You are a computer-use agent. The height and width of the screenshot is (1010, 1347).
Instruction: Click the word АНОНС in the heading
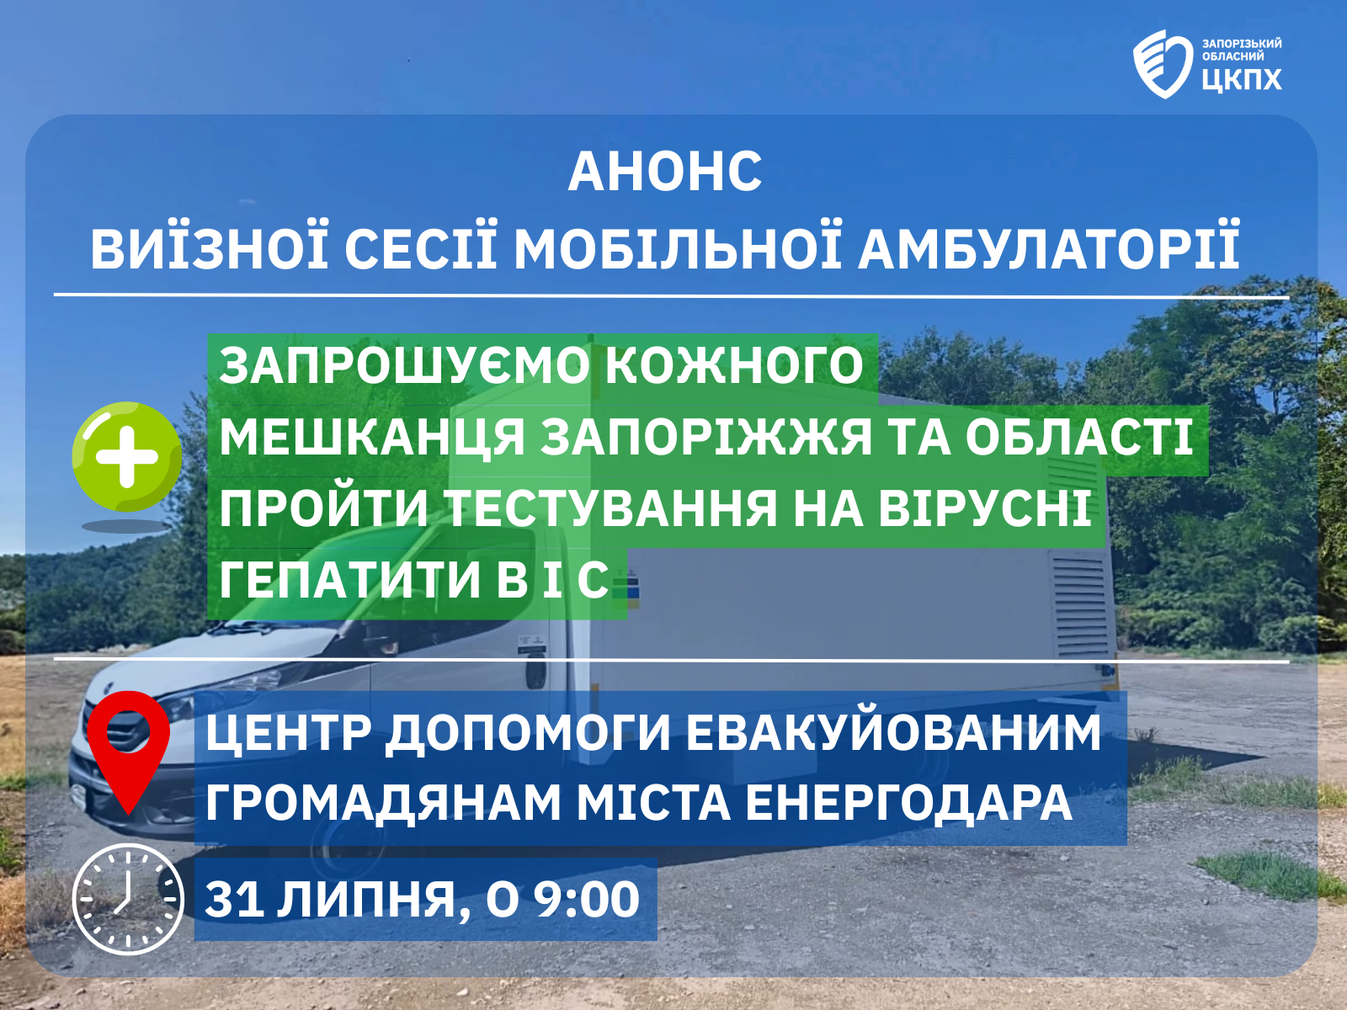coord(664,173)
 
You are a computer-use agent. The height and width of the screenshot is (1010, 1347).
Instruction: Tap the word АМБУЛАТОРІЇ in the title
coord(1049,250)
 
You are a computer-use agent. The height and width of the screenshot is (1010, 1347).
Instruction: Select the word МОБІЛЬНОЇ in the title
coord(678,250)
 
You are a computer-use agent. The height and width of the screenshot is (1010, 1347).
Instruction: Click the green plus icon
coord(127,456)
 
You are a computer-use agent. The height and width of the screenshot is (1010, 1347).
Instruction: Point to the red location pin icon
coord(128,749)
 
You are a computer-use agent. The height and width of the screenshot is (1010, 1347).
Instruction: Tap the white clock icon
coord(128,899)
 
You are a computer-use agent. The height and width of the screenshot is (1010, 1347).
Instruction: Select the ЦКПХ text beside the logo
coord(1242,80)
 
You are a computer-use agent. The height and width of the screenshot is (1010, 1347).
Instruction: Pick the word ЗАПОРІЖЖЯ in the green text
coord(706,438)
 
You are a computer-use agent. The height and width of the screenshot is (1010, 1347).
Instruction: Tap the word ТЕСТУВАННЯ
coord(610,508)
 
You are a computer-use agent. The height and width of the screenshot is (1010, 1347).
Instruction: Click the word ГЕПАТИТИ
coord(349,580)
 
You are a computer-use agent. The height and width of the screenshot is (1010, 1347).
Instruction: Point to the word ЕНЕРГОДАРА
coord(909,803)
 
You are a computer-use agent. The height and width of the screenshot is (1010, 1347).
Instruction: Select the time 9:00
coord(587,900)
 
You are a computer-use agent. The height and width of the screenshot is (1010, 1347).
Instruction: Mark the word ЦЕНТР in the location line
coord(289,733)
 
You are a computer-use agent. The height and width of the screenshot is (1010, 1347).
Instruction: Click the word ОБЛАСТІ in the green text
coord(1079,438)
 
